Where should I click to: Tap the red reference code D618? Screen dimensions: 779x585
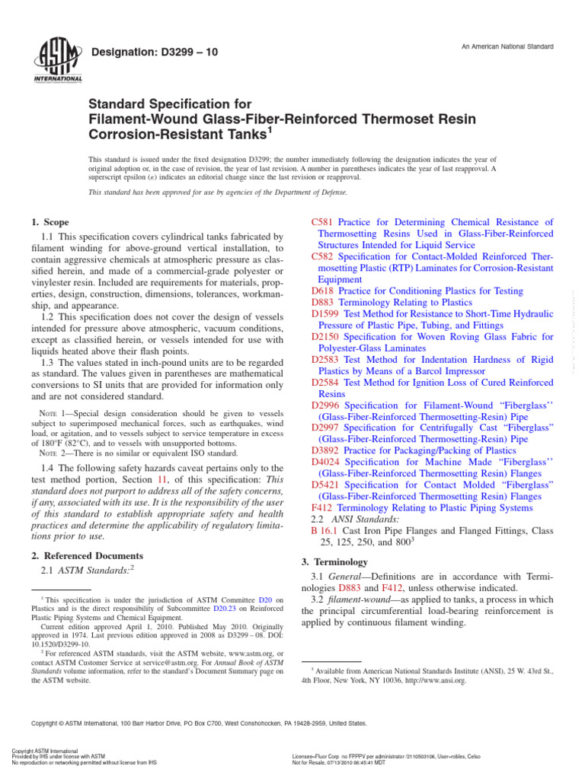[x=324, y=291]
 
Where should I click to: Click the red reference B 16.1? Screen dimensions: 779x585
[x=328, y=530]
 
